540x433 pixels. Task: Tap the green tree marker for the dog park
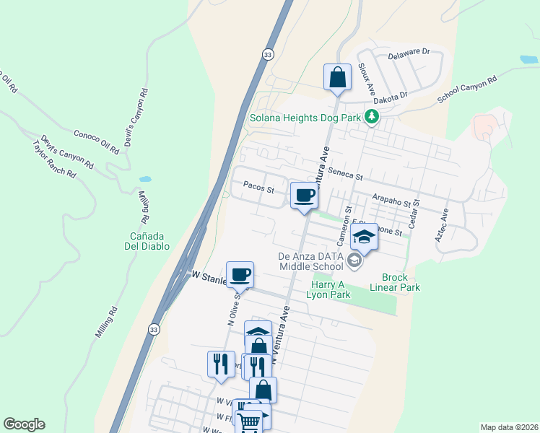(371, 116)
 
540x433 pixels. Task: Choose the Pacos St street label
(259, 190)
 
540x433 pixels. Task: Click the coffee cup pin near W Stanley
(240, 274)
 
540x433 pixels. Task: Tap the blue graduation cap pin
(365, 237)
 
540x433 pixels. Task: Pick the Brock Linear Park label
(395, 282)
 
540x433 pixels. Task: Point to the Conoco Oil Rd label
(96, 142)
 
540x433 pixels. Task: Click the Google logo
(24, 424)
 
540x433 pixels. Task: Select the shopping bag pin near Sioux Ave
(337, 76)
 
